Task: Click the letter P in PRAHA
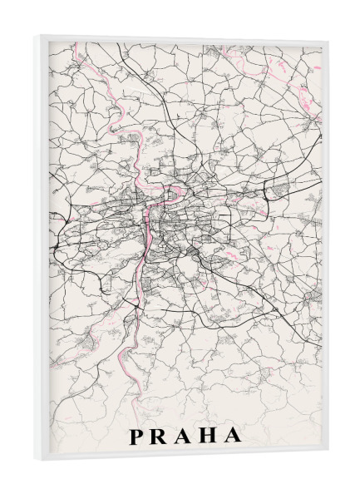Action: pos(136,435)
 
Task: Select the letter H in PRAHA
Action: pos(210,435)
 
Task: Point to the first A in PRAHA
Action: pos(186,435)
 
